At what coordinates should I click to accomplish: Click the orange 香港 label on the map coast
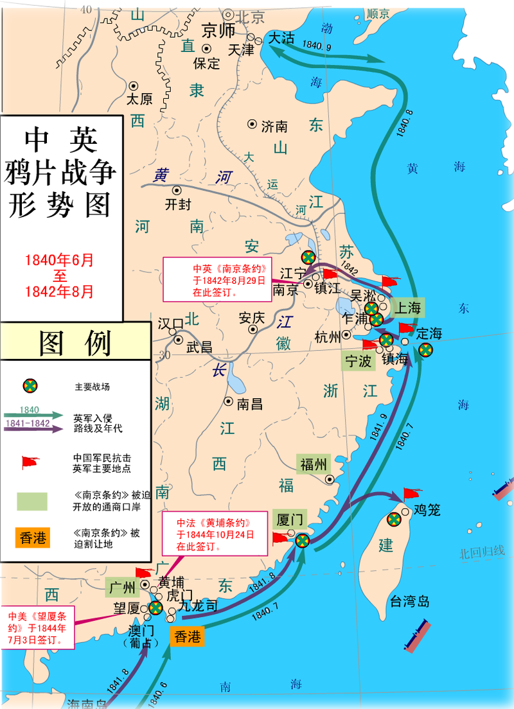(186, 637)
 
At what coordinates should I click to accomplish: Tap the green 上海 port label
(407, 308)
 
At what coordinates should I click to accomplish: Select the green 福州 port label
(314, 464)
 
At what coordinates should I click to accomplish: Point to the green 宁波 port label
(357, 361)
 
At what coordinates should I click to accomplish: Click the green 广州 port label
(121, 587)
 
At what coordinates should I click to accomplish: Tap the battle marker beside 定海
(425, 349)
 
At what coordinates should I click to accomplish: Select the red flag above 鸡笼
(411, 494)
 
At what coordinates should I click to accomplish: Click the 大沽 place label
(281, 38)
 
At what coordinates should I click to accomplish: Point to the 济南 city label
(274, 127)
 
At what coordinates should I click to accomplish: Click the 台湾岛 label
(409, 602)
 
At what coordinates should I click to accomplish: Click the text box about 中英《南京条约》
(217, 279)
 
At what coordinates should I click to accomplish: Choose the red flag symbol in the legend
(30, 462)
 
